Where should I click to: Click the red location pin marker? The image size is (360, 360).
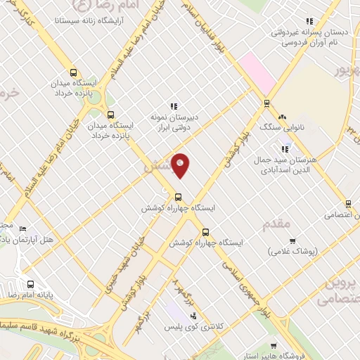point(181,165)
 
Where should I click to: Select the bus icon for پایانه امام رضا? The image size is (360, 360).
point(30,284)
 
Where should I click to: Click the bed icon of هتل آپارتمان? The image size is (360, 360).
point(22,229)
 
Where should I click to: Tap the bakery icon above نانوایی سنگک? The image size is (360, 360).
point(282,117)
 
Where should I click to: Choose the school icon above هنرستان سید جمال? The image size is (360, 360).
point(284,149)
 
